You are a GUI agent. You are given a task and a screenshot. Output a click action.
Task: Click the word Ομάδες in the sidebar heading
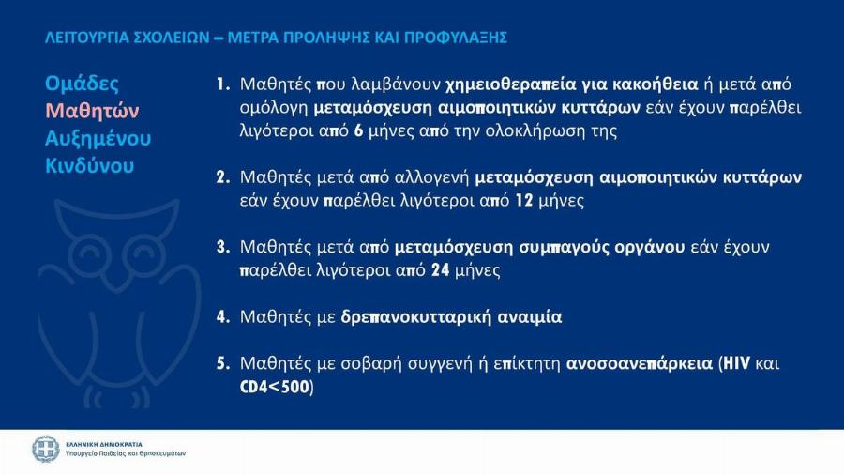pos(82,84)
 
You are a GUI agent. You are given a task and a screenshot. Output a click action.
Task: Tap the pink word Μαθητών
pos(92,111)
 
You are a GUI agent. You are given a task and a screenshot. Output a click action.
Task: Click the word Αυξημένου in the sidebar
pos(98,139)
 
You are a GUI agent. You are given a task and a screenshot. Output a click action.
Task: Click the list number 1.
pos(222,84)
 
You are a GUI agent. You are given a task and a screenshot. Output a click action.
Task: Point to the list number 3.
pos(222,247)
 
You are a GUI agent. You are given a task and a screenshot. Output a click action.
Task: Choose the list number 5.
pos(222,362)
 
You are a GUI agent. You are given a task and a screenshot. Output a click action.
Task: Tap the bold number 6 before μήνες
pos(357,130)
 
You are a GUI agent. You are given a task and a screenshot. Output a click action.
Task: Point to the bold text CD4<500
pos(276,386)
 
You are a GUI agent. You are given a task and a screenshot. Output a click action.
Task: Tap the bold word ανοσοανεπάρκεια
pos(636,362)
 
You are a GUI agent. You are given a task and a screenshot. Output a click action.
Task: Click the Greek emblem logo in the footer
pos(45,449)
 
